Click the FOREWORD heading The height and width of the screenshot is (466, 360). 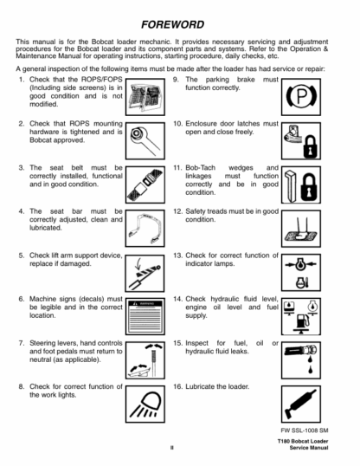point(172,24)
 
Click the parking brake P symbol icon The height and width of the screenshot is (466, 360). point(301,97)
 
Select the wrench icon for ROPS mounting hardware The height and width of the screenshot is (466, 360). point(145,140)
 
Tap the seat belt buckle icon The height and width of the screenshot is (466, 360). point(145,184)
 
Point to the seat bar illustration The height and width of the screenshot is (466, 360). point(145,229)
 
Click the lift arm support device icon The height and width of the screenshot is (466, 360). point(145,273)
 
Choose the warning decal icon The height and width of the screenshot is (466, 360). point(145,316)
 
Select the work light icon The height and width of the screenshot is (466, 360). point(145,405)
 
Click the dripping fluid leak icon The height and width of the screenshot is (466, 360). point(301,360)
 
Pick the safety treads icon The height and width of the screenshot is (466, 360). point(301,229)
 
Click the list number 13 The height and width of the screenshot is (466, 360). point(177,256)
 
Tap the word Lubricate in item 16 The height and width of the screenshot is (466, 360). point(200,386)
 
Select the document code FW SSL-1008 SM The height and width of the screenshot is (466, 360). point(305,430)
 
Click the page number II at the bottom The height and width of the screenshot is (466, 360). point(172,448)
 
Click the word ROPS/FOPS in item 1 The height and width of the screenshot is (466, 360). point(101,80)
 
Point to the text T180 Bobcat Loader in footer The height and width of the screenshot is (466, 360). point(303,442)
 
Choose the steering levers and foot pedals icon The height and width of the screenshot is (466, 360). point(145,360)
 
